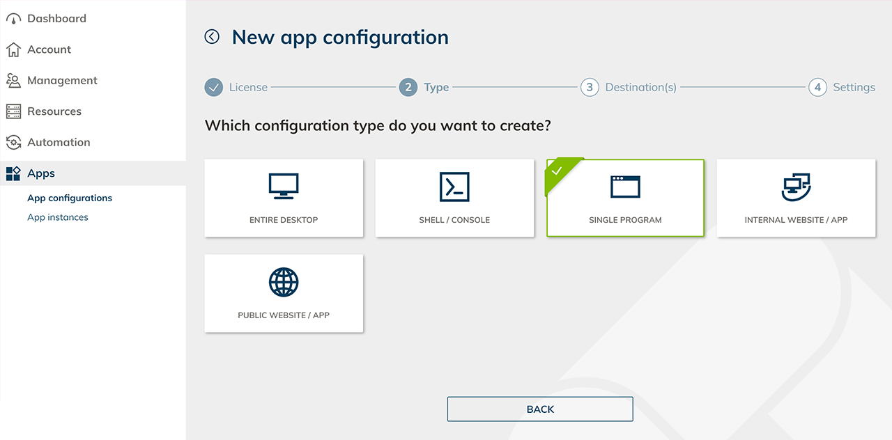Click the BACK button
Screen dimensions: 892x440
point(540,409)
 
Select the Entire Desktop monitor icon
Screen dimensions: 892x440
point(284,186)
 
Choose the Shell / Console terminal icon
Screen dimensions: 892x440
point(454,187)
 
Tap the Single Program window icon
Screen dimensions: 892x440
point(625,187)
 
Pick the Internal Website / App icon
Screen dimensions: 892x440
point(796,187)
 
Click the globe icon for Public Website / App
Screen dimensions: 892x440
point(284,282)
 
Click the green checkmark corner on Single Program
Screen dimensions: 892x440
point(559,171)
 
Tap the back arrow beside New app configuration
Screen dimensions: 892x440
point(212,37)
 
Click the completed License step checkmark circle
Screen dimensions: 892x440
point(214,87)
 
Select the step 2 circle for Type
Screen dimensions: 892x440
point(408,87)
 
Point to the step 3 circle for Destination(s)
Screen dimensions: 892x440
point(590,87)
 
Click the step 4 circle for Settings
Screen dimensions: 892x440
point(817,87)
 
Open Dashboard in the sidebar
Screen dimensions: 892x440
point(56,18)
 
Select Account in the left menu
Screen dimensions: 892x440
point(49,49)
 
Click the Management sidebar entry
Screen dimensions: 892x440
point(62,80)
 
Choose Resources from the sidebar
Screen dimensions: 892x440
point(54,111)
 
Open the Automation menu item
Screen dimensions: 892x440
point(59,142)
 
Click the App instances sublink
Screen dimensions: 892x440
point(58,217)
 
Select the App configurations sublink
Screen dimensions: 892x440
point(70,198)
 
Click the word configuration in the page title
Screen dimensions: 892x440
point(385,38)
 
